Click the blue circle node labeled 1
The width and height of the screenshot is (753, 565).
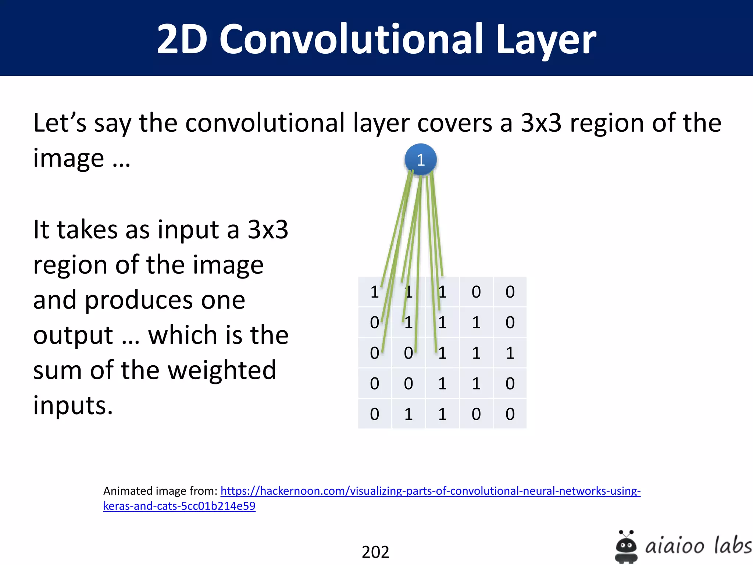click(421, 160)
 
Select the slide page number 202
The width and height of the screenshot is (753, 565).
click(375, 552)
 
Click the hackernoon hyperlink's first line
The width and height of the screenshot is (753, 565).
click(430, 491)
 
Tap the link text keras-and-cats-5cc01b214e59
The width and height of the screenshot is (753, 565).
click(179, 506)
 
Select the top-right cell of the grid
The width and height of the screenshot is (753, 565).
click(510, 292)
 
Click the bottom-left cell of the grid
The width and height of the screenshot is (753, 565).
click(375, 414)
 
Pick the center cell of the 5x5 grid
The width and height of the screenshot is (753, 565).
click(442, 353)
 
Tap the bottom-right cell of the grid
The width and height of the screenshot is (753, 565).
click(510, 414)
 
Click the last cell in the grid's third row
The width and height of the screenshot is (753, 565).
click(510, 353)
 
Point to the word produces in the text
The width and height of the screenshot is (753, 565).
click(165, 300)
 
